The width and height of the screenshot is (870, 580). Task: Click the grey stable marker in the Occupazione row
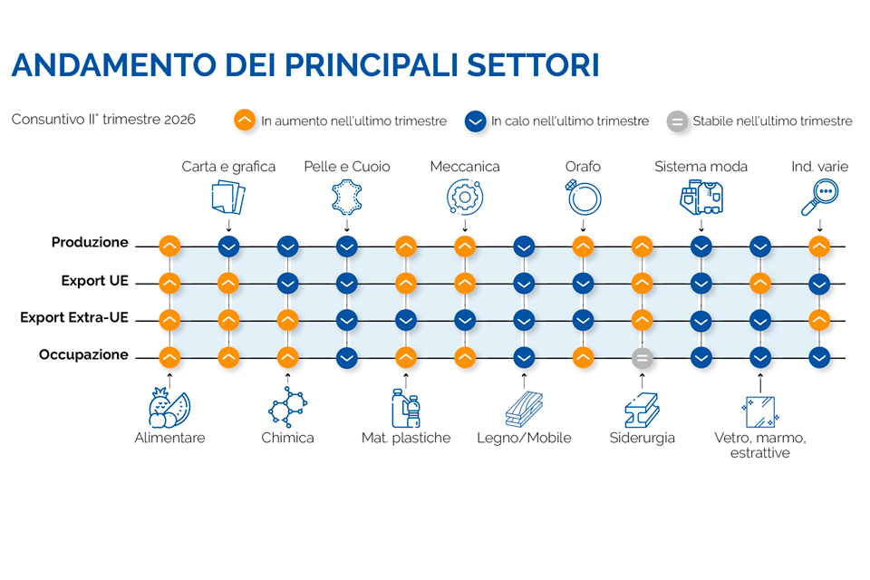642,358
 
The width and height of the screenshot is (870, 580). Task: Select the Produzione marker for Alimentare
169,246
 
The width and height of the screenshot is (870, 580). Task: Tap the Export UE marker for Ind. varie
819,285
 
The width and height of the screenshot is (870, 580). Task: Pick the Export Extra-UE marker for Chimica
287,320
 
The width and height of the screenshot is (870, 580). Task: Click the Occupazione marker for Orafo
583,358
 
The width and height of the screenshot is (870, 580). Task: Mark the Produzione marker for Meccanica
465,246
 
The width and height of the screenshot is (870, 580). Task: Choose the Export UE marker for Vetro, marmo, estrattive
760,284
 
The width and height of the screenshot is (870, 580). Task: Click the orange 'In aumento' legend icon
245,120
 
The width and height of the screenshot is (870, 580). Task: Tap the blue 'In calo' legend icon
476,121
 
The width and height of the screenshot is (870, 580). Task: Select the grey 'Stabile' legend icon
677,121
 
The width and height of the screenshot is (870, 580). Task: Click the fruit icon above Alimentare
169,408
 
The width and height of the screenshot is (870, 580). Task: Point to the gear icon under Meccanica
465,197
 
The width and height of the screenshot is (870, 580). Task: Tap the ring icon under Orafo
583,198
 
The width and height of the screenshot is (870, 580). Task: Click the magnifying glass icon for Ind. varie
819,197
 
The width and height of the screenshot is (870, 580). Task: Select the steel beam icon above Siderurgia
642,410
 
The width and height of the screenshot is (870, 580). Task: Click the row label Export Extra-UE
74,317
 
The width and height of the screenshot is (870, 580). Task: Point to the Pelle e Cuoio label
347,167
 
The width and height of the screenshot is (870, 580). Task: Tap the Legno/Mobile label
524,438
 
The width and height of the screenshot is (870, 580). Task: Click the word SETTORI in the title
533,65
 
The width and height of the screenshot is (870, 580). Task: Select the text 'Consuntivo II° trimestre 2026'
103,120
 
